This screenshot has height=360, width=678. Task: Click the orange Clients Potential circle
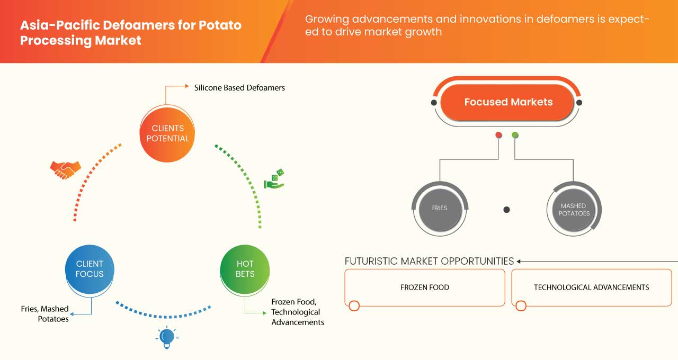tap(167, 133)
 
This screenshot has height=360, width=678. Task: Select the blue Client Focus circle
tap(90, 269)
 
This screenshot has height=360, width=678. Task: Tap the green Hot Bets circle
tap(245, 269)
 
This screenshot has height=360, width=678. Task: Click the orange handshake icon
tap(65, 169)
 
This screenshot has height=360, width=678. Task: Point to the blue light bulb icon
tap(167, 337)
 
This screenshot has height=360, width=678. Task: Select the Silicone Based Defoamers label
tap(239, 87)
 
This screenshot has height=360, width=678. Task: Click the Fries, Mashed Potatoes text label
tap(45, 314)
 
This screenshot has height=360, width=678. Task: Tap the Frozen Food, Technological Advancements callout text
tap(297, 312)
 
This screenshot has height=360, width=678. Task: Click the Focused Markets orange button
tap(508, 102)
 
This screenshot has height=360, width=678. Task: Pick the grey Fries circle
tap(439, 208)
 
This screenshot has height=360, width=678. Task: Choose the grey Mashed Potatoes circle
tap(574, 210)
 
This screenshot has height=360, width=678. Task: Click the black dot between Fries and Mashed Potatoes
tap(506, 210)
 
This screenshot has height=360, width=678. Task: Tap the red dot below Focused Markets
tap(498, 136)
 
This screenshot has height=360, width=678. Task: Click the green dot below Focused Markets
tap(515, 136)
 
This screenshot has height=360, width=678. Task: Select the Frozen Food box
tap(424, 287)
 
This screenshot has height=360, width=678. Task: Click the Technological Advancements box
tap(591, 287)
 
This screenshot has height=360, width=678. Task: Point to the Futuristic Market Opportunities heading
tap(429, 261)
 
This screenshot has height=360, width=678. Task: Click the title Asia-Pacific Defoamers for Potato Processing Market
tap(131, 32)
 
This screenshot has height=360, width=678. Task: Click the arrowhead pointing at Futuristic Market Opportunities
tap(519, 261)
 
